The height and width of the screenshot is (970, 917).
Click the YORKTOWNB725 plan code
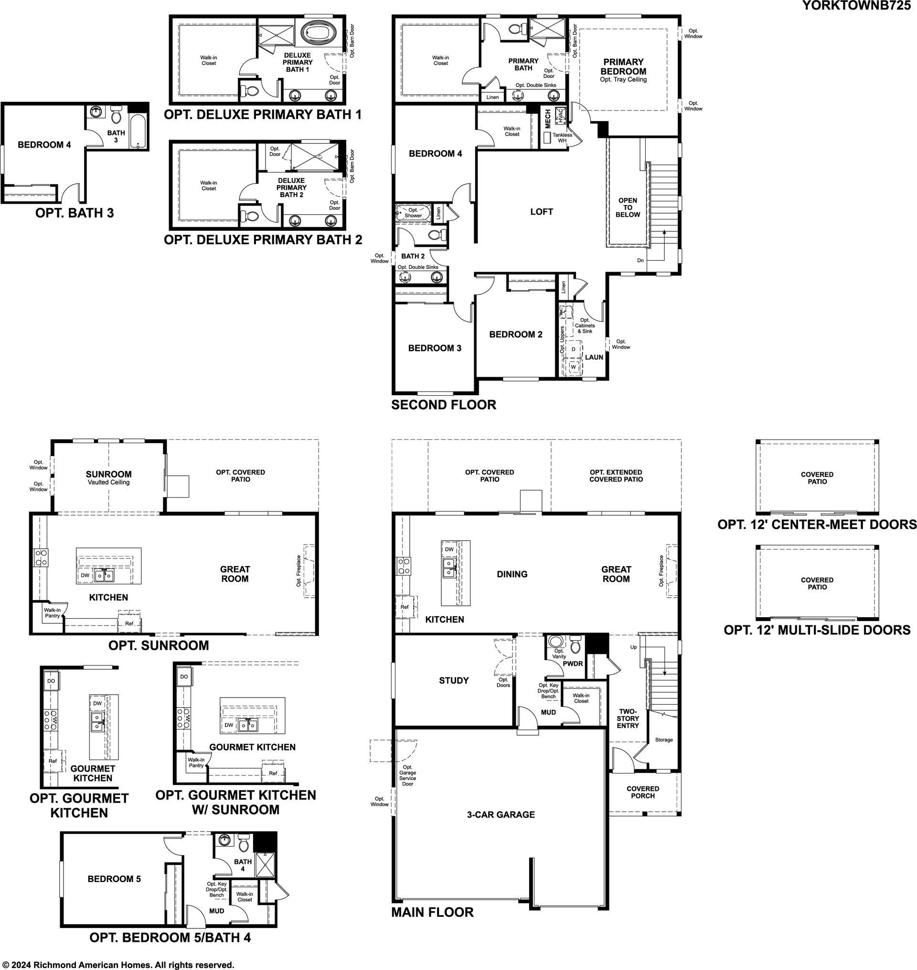coord(857,5)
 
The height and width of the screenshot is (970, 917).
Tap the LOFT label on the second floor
coord(542,212)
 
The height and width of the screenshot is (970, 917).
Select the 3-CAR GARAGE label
coord(501,815)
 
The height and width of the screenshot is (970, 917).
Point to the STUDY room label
coord(454,680)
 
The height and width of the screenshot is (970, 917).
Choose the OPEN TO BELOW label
coord(628,207)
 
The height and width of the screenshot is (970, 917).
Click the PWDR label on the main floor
coord(573,664)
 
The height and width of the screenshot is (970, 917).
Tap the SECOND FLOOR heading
coord(443,405)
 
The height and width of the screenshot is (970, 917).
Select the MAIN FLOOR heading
coord(432,912)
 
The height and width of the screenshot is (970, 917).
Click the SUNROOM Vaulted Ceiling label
coord(108,478)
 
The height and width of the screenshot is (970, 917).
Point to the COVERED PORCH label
coord(643,792)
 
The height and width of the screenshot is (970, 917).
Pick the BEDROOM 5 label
coord(114,879)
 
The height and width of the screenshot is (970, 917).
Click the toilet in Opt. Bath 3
coord(117,114)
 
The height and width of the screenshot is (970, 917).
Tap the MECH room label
coord(547,119)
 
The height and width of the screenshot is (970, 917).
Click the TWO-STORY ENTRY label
coord(628,719)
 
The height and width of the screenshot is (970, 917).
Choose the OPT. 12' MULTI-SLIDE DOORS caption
coord(817,630)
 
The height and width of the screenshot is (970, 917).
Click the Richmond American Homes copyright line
coord(118,965)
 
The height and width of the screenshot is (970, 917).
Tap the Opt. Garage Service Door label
coord(408,775)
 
